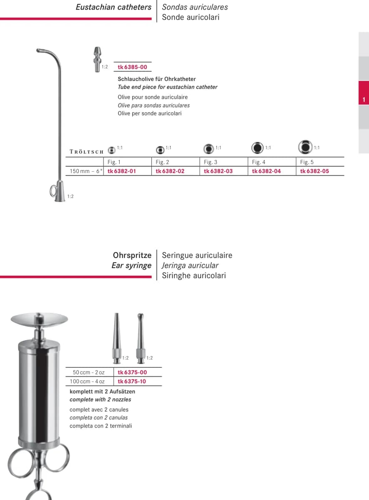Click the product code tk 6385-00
pyautogui.click(x=132, y=67)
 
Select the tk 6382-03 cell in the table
pyautogui.click(x=218, y=171)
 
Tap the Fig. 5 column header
pyautogui.click(x=307, y=162)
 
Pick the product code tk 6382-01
pyautogui.click(x=121, y=171)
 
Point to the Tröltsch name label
pyautogui.click(x=86, y=152)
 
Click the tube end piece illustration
pyautogui.click(x=97, y=59)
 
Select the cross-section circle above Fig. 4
pyautogui.click(x=257, y=148)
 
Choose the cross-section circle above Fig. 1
pyautogui.click(x=111, y=150)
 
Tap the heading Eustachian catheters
pyautogui.click(x=113, y=7)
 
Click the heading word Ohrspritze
pyautogui.click(x=132, y=255)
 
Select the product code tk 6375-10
pyautogui.click(x=132, y=381)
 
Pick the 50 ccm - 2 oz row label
pyautogui.click(x=89, y=372)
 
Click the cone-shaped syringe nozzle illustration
pyautogui.click(x=116, y=338)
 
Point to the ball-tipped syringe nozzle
pyautogui.click(x=141, y=338)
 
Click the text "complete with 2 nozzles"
pyautogui.click(x=100, y=400)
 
